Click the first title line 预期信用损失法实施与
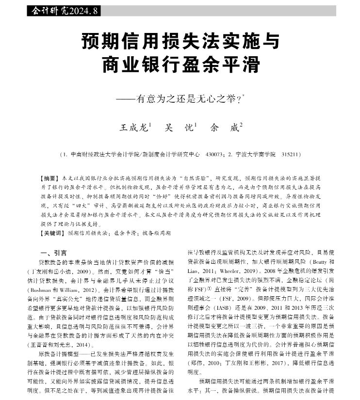[179, 41]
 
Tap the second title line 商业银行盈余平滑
[179, 65]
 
